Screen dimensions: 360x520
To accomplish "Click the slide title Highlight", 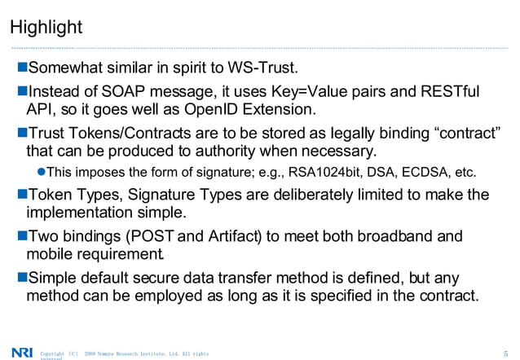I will [46, 28].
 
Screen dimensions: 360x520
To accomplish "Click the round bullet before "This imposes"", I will [42, 173].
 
